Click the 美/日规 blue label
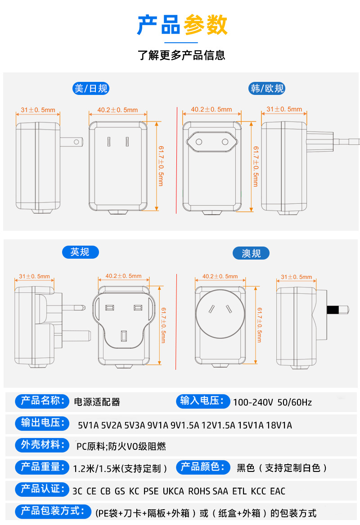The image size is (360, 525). (91, 89)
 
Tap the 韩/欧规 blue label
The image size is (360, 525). (267, 89)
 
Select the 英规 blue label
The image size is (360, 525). (80, 252)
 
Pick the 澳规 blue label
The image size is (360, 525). (251, 253)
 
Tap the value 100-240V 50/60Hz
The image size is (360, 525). (272, 402)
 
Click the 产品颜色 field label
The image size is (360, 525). (202, 467)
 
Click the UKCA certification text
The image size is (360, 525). (173, 491)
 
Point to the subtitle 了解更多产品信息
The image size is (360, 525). (181, 55)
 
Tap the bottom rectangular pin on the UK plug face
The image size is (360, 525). (124, 336)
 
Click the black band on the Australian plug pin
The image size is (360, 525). (333, 310)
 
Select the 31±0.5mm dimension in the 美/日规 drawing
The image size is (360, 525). (38, 110)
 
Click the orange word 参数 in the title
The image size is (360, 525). (205, 25)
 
